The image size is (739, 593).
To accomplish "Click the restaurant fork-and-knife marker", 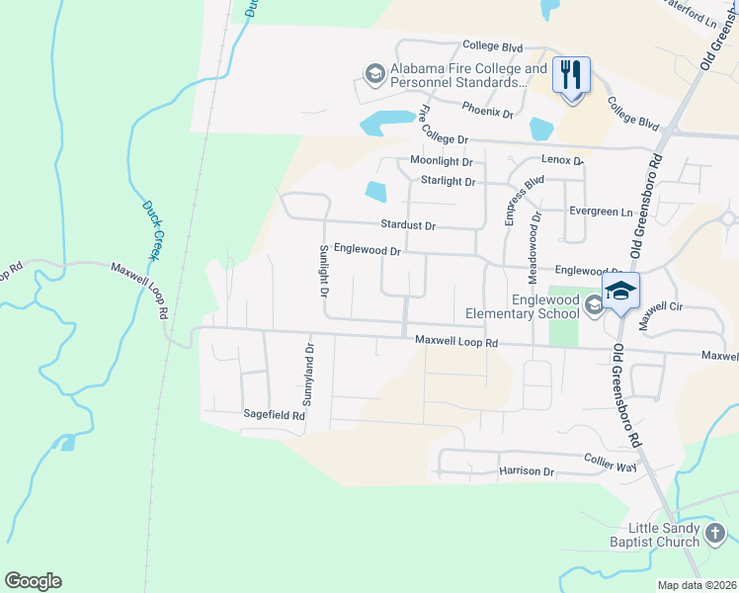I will [571, 74].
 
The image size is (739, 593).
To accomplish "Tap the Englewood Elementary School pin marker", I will [620, 291].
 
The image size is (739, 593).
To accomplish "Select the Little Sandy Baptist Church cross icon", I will [715, 535].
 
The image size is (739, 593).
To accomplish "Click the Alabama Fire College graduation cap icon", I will [374, 73].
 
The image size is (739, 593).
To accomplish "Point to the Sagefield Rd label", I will [274, 416].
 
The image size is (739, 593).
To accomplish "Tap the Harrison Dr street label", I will [527, 471].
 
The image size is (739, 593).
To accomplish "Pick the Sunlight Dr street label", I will [322, 272].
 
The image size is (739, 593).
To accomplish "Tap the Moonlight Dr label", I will [442, 161].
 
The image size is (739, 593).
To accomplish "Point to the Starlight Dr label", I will [448, 182].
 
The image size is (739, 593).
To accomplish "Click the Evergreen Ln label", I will [600, 212].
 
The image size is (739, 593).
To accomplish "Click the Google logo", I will [33, 581].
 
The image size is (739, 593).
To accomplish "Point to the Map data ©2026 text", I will [697, 585].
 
